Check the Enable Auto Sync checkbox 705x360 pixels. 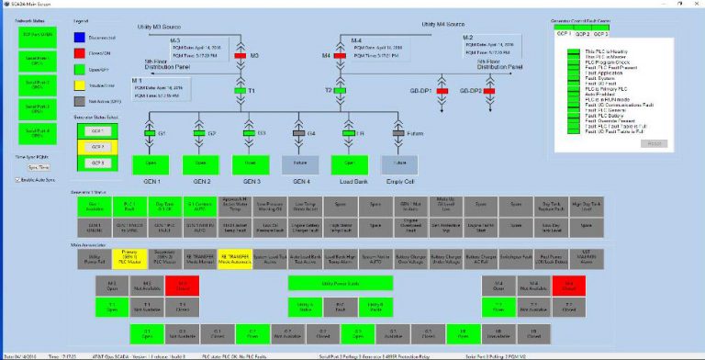point(17,180)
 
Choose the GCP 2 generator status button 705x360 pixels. point(95,146)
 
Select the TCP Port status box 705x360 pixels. point(38,35)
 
